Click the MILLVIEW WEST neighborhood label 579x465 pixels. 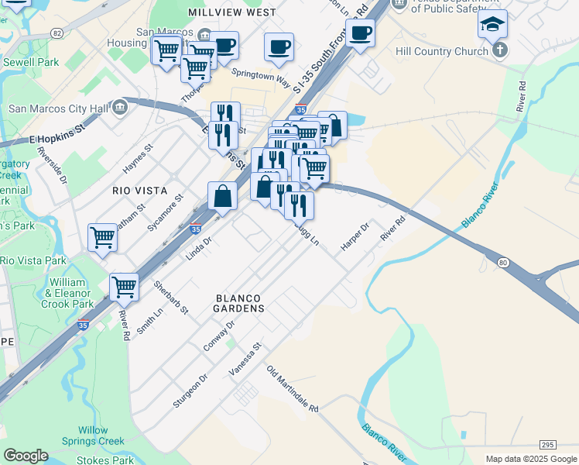232,13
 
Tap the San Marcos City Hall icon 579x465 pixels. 120,106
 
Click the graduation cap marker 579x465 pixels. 492,26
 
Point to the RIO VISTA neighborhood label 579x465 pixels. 139,190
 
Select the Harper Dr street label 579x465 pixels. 355,237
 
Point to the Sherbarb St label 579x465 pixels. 171,298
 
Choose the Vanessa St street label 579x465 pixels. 245,360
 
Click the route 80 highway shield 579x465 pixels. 503,263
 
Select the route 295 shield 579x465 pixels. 547,444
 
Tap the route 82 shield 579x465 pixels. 57,33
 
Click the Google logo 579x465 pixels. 25,456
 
